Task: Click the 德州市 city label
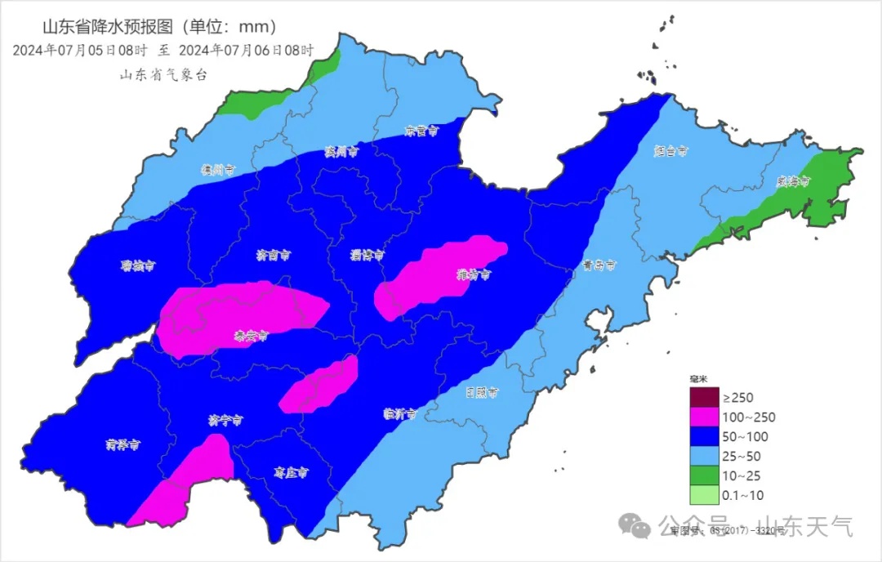218,170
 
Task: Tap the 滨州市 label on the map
341,152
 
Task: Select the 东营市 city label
422,131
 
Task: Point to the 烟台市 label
671,151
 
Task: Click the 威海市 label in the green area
792,182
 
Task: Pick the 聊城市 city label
138,265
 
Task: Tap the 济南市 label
273,256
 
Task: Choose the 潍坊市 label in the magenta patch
474,274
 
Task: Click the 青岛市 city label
599,265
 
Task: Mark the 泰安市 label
251,335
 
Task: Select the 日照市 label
482,393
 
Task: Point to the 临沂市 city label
400,413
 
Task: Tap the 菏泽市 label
122,445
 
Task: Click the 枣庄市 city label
291,472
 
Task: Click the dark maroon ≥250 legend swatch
702,398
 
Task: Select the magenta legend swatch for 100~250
702,417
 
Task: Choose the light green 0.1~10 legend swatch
702,495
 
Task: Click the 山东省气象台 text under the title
164,74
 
